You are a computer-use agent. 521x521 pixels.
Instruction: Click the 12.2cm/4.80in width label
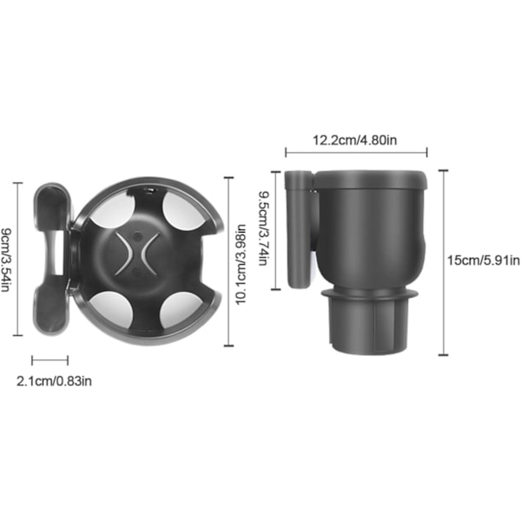pos(355,140)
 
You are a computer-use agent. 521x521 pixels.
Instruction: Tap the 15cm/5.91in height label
pos(484,260)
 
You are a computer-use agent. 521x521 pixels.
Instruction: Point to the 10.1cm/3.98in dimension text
pos(241,265)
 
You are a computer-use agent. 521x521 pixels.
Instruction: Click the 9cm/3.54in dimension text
pos(6,260)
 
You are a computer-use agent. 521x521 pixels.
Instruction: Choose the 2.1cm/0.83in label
pos(54,381)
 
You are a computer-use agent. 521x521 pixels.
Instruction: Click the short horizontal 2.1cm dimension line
pos(49,360)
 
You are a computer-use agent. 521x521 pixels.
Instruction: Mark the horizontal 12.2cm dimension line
pos(356,153)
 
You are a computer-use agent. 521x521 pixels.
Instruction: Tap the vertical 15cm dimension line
pos(443,262)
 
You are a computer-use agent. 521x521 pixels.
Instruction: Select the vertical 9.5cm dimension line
pos(276,231)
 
